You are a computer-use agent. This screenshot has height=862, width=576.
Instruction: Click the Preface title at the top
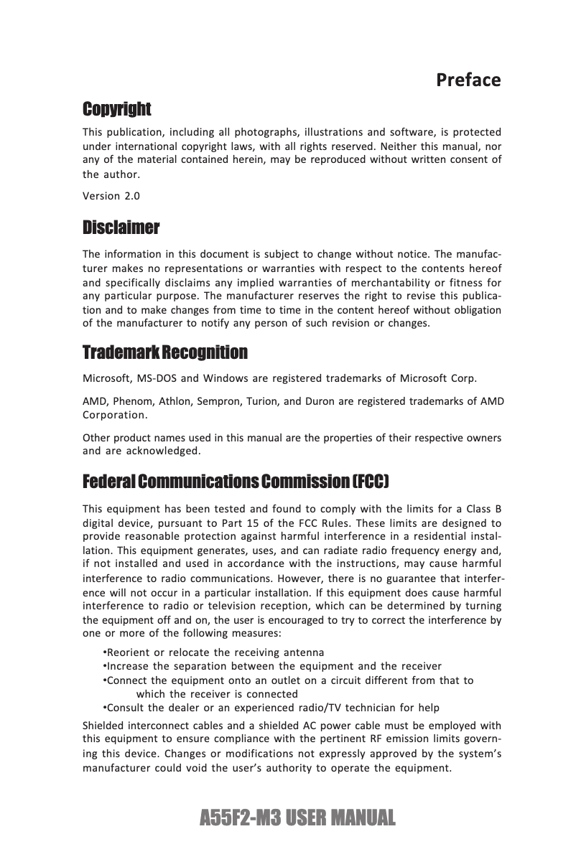click(468, 80)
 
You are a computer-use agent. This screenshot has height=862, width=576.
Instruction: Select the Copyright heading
click(117, 110)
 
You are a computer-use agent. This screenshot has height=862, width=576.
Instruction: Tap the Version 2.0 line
click(111, 196)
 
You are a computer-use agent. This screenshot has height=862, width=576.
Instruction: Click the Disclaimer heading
click(121, 228)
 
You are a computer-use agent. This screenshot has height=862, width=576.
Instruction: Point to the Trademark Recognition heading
click(165, 353)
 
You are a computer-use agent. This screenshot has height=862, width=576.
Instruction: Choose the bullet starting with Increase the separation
click(273, 666)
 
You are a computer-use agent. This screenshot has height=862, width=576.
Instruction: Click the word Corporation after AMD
click(115, 416)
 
